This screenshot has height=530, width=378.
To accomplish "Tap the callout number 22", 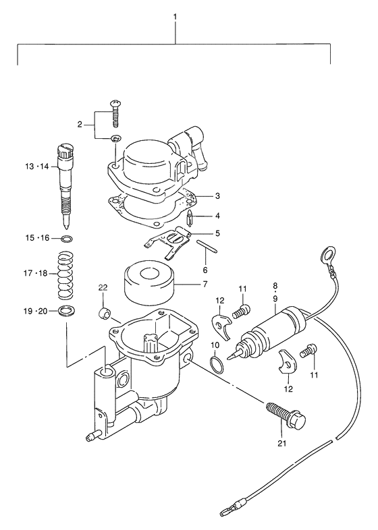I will pyautogui.click(x=103, y=288).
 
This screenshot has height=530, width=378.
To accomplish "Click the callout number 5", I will pyautogui.click(x=217, y=233).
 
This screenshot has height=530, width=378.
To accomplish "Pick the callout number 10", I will pyautogui.click(x=215, y=346).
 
